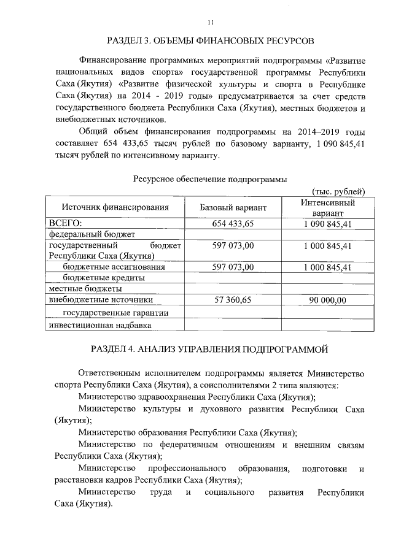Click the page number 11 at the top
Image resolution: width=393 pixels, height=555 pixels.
(x=210, y=23)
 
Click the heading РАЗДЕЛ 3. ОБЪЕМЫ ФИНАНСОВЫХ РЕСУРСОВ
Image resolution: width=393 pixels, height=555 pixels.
(x=210, y=41)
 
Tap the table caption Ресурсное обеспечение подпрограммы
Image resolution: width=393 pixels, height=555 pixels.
(x=210, y=179)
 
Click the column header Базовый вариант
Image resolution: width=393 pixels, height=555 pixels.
(x=233, y=208)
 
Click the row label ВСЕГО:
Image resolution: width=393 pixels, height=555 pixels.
(x=66, y=223)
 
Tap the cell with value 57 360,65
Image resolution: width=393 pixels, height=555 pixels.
(x=233, y=300)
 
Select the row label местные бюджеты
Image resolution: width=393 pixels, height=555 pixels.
(x=85, y=288)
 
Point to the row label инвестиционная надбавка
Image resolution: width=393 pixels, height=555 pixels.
(x=99, y=325)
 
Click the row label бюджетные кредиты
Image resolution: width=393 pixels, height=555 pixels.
(x=104, y=278)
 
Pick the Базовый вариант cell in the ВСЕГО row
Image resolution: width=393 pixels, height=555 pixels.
(x=233, y=223)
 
